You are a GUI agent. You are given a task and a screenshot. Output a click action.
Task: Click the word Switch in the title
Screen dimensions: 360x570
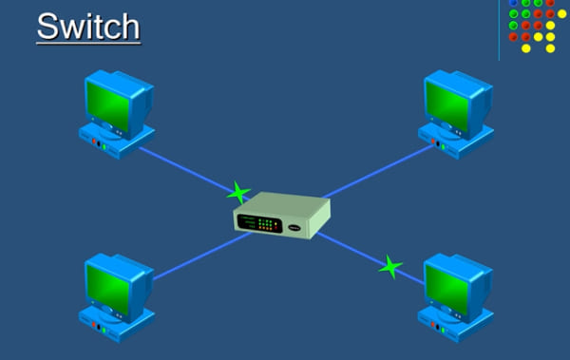click(87, 26)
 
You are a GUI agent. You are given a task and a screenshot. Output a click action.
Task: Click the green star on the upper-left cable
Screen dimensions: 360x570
click(239, 194)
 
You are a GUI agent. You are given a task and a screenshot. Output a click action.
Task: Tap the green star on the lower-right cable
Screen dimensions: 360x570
click(389, 267)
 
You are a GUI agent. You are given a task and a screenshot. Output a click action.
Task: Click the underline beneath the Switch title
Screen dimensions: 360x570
click(88, 43)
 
